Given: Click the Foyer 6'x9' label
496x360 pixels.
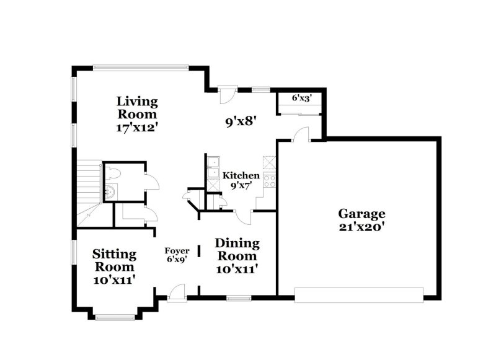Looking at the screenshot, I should (x=177, y=255).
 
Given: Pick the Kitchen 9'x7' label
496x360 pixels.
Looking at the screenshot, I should (x=241, y=180).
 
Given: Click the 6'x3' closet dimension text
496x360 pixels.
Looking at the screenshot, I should (x=302, y=98).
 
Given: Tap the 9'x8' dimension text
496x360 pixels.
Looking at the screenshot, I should (x=241, y=122).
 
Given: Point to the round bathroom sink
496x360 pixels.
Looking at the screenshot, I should (x=110, y=191).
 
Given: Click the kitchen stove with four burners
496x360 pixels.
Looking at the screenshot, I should (x=270, y=180).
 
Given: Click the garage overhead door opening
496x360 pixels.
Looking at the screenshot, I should (x=359, y=295).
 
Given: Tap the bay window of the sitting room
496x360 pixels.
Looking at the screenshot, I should (x=115, y=318).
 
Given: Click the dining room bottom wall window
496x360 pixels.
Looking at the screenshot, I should (x=239, y=299).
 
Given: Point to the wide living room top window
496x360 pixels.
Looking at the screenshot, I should (x=141, y=67).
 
